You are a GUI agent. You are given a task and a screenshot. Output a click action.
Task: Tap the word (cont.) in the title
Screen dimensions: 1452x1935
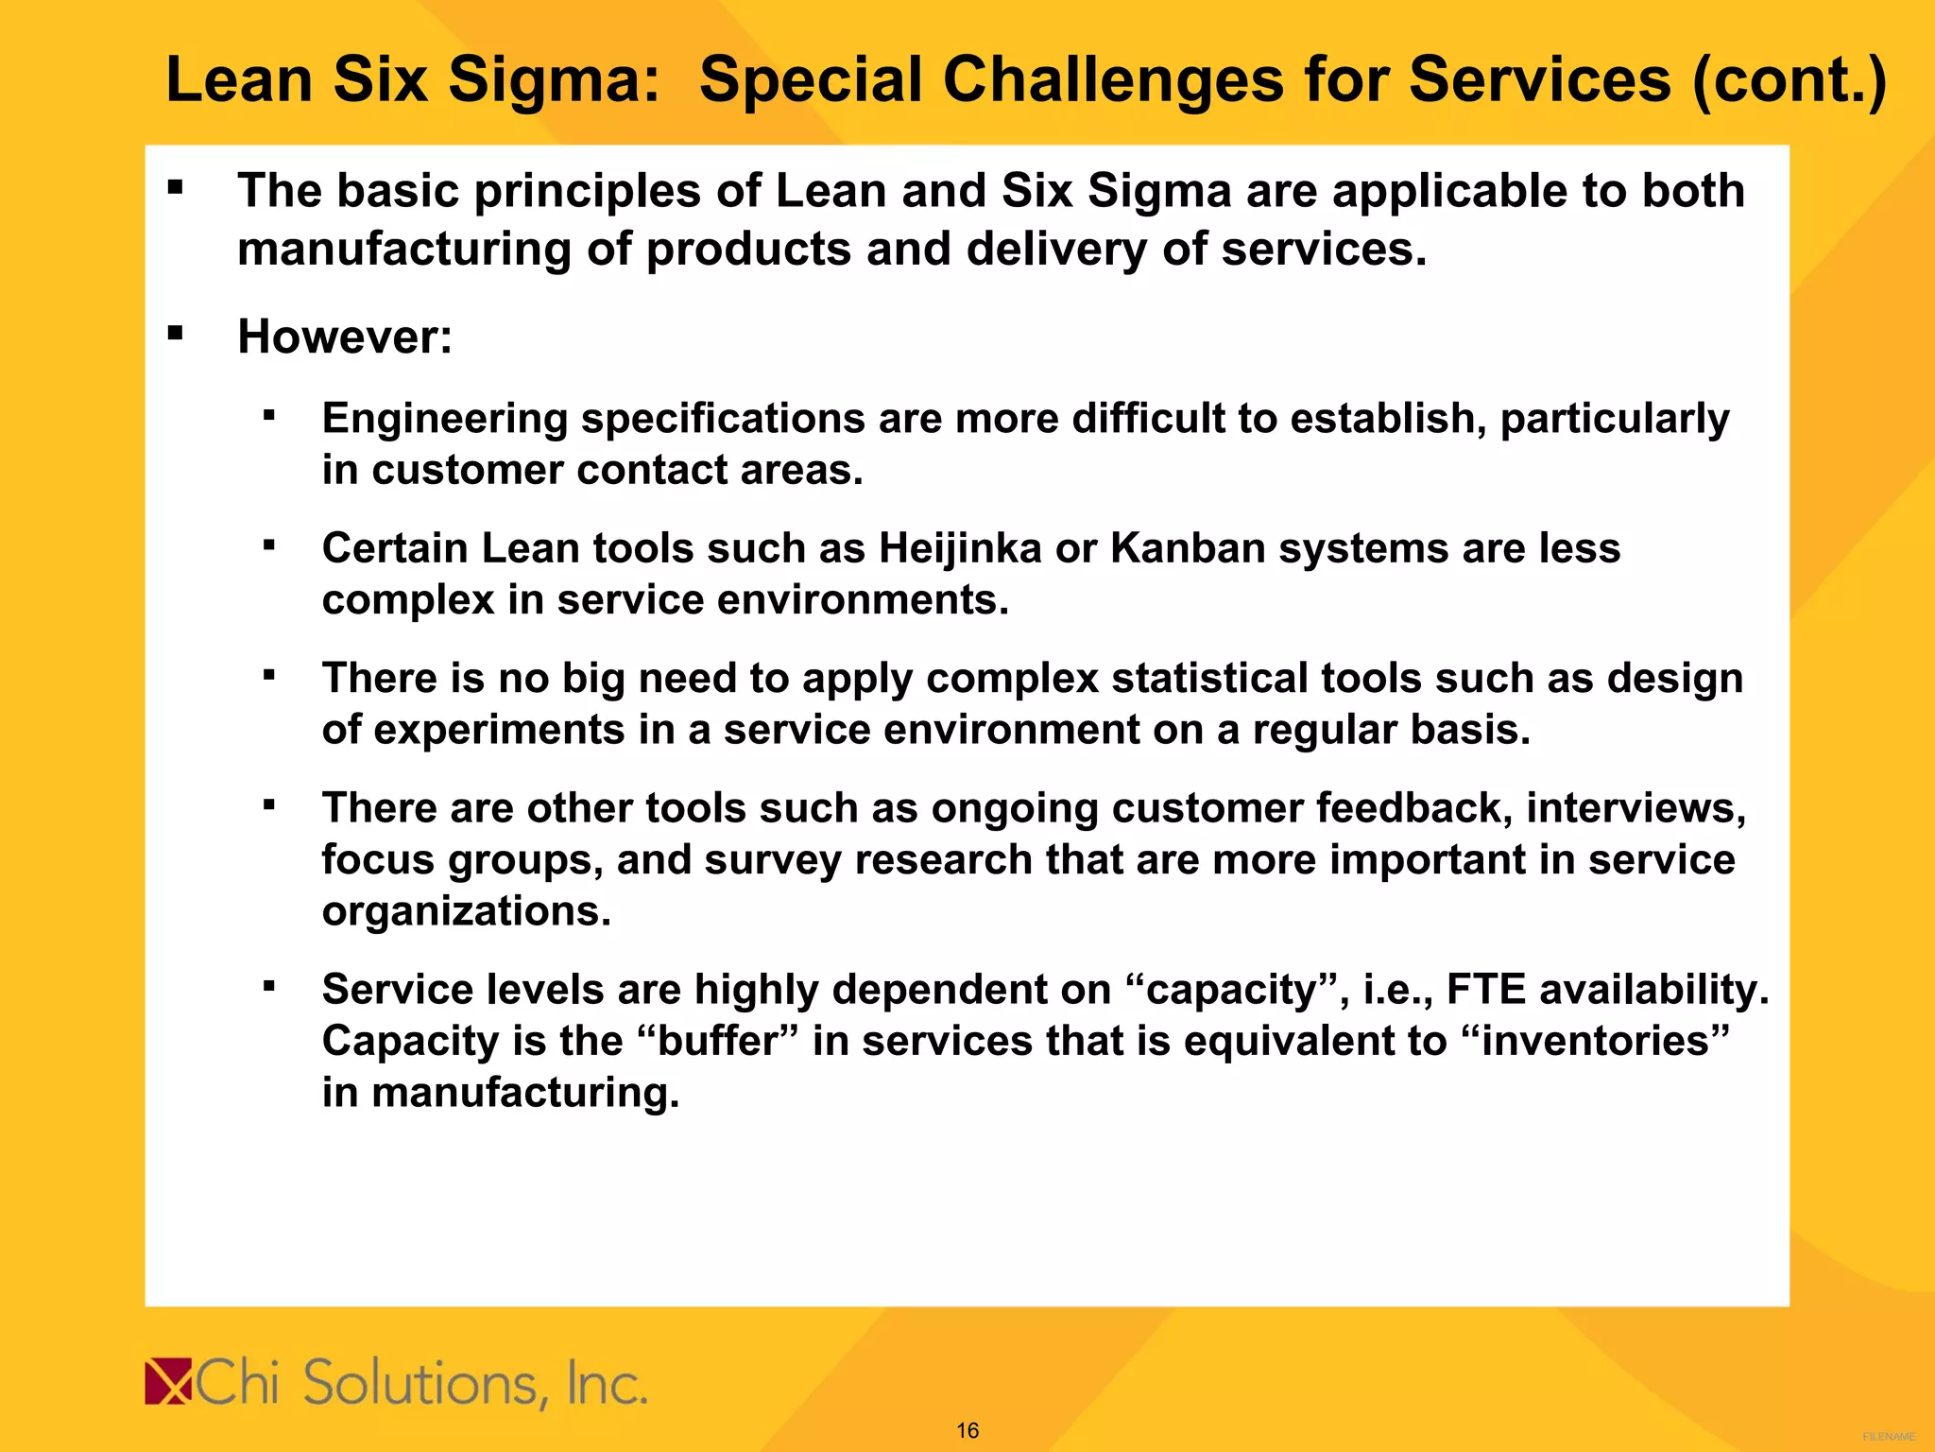coord(1789,79)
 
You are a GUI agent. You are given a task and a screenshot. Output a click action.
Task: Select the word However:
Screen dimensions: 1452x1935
coord(345,337)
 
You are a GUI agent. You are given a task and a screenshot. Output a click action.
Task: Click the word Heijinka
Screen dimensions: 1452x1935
coord(960,548)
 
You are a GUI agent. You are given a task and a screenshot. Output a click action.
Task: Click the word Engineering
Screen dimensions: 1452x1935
coord(444,419)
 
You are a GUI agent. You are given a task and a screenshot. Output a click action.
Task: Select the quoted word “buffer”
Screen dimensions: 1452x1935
coord(718,1041)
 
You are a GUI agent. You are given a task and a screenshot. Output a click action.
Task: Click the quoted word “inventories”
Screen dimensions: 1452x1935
coord(1596,1041)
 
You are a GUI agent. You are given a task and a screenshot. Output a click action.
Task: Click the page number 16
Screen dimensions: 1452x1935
coord(967,1430)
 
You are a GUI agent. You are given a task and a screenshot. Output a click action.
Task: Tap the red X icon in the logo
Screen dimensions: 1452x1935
coord(168,1381)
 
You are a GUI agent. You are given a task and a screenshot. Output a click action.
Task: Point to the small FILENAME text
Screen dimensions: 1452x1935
coord(1889,1436)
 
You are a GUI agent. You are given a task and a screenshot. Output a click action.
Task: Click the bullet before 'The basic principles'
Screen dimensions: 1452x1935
coord(175,187)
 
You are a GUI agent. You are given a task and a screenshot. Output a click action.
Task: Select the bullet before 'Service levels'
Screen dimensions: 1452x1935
coord(269,987)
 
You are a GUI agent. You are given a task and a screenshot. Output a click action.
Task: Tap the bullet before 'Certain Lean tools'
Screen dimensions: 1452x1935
coord(269,545)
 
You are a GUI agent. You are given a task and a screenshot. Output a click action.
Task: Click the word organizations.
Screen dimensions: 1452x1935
coord(467,911)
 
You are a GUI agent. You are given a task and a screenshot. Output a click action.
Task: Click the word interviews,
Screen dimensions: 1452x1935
coord(1635,808)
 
